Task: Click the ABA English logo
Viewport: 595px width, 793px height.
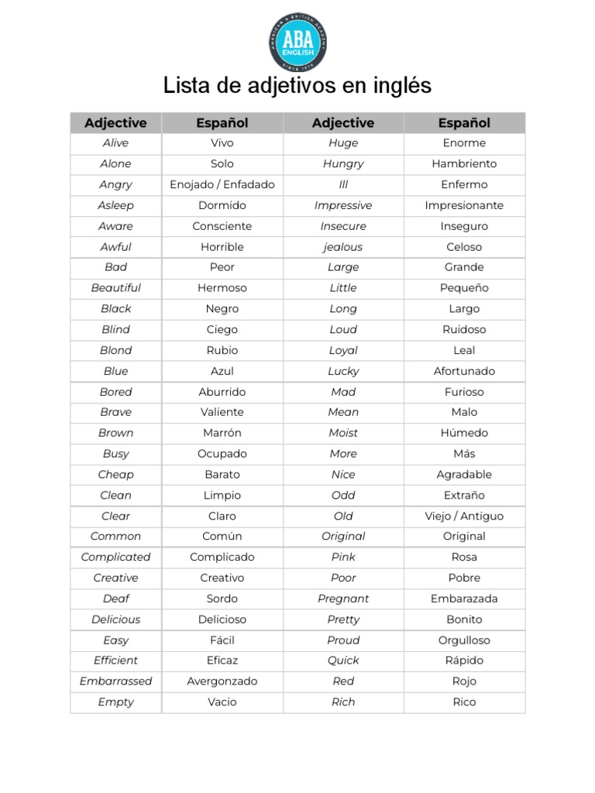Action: point(297,43)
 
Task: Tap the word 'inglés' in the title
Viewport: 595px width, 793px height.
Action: point(399,86)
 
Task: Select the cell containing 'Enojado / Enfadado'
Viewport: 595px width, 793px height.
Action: point(222,184)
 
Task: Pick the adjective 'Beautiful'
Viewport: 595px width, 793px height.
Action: point(116,287)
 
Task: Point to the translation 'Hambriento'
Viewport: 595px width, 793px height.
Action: point(464,163)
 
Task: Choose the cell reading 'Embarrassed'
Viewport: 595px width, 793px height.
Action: point(116,681)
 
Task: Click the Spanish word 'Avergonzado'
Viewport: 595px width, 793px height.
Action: point(222,681)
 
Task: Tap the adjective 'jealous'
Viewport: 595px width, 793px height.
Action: point(343,246)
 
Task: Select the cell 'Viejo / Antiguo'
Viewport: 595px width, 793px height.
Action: point(464,516)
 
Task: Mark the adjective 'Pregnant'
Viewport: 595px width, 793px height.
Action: point(343,598)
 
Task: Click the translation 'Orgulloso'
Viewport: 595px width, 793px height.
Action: point(464,640)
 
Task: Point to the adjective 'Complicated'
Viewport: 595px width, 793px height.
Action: point(116,557)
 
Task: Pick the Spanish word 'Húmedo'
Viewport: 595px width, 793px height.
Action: point(464,433)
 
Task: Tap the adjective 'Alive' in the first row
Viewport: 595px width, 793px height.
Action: point(116,142)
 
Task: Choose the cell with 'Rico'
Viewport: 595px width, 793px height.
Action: point(464,702)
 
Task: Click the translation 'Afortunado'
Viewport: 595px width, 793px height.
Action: point(464,371)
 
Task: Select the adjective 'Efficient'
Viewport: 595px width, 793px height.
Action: point(116,660)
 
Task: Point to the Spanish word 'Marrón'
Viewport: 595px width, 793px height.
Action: point(222,433)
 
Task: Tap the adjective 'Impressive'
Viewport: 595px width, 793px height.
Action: point(343,205)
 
